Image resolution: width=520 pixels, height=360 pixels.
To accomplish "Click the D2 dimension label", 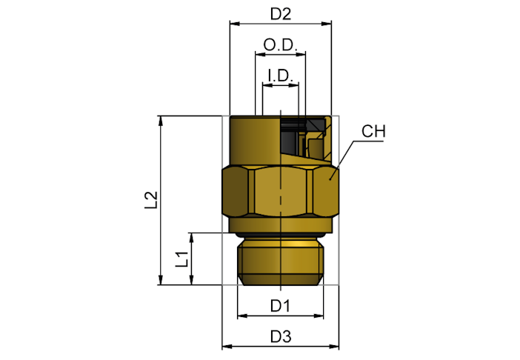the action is [x=281, y=14].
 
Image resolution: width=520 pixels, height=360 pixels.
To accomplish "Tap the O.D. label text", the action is [x=280, y=44].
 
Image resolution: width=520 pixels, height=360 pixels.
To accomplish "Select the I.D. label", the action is [x=281, y=76].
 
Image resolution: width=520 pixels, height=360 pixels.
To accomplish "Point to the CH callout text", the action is [x=373, y=131].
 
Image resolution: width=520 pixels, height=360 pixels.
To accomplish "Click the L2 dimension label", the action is [x=151, y=200].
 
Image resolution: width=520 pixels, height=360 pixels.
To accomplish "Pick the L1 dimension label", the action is [x=181, y=259].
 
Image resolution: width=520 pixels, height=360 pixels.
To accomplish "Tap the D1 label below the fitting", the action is [x=281, y=306].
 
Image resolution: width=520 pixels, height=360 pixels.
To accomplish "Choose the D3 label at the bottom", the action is [x=281, y=336].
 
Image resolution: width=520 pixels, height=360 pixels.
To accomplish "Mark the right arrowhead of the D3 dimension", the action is [x=334, y=347].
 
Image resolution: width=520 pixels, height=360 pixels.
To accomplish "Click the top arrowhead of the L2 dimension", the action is [x=161, y=121].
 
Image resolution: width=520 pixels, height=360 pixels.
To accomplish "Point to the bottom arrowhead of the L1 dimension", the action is [x=191, y=280].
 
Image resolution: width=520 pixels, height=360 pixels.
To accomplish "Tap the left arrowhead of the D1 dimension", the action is [x=242, y=316].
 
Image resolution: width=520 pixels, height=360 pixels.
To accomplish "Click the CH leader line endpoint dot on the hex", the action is [x=330, y=179].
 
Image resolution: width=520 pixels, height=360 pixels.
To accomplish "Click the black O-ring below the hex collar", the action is [x=281, y=235].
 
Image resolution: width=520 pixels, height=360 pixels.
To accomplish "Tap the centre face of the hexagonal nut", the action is [x=281, y=191].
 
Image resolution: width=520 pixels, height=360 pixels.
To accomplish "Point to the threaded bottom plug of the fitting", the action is [x=281, y=261].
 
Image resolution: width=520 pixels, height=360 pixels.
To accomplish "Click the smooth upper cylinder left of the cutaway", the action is [x=253, y=139].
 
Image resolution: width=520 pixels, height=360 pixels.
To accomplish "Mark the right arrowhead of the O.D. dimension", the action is [x=301, y=54].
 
